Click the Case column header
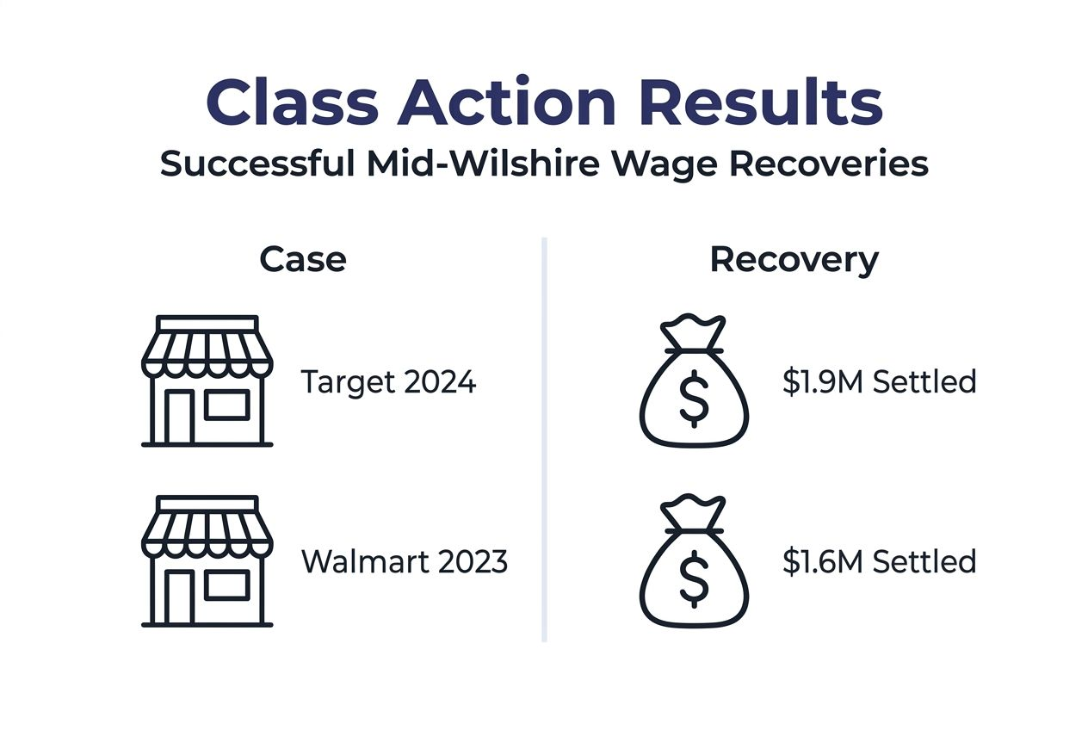(303, 259)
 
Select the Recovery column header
(794, 259)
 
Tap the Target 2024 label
(388, 381)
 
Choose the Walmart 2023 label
(405, 562)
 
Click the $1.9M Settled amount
(879, 381)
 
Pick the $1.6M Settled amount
(879, 562)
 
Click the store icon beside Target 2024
(207, 381)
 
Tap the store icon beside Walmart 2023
(207, 561)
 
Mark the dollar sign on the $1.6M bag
(694, 579)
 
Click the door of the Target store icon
(179, 417)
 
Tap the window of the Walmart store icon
(226, 585)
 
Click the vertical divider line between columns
(544, 439)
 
